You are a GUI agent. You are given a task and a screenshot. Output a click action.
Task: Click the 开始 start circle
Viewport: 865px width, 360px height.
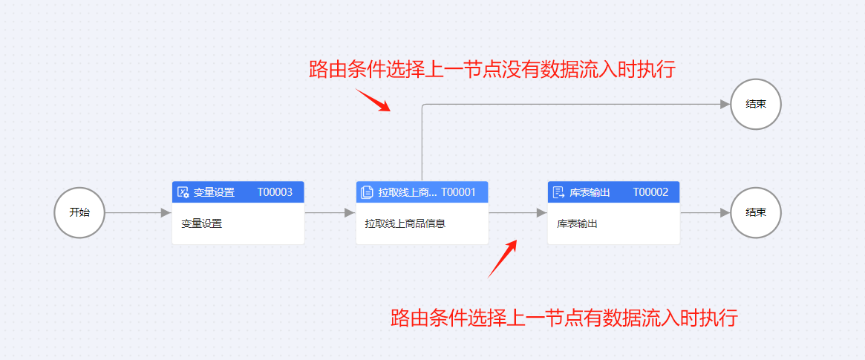(79, 212)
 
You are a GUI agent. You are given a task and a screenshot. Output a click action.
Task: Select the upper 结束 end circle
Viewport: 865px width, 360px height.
(756, 105)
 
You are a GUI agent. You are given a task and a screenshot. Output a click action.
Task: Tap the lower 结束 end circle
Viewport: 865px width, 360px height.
(756, 212)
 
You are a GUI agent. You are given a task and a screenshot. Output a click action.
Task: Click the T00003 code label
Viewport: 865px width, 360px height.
(275, 192)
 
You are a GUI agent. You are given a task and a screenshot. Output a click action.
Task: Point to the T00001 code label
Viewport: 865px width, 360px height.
(458, 192)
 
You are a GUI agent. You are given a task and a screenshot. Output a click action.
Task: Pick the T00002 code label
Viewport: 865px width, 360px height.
(650, 192)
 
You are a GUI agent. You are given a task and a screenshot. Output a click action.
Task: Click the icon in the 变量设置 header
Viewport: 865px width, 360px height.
(183, 192)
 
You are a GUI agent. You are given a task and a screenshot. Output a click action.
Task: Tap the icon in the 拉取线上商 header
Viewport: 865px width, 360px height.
(367, 192)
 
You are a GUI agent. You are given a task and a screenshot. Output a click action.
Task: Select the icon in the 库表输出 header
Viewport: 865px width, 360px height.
(558, 192)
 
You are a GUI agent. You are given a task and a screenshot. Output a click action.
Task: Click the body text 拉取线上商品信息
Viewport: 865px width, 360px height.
(405, 223)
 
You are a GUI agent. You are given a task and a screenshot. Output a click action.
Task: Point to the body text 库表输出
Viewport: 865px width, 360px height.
(577, 223)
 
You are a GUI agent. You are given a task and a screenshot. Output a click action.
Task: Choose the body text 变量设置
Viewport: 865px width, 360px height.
(201, 223)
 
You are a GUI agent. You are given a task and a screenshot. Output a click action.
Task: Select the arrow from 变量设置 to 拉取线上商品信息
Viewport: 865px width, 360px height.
(330, 213)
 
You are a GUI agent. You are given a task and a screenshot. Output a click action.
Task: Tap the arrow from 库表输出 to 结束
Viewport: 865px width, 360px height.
(705, 213)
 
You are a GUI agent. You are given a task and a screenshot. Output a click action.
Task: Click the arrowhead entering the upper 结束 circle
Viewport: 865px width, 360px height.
(725, 105)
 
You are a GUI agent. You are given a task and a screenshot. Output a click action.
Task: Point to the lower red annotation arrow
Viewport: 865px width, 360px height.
(502, 258)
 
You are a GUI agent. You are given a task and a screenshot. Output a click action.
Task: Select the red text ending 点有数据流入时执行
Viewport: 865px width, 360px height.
(564, 318)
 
